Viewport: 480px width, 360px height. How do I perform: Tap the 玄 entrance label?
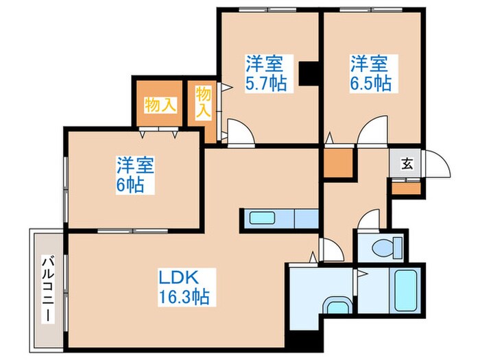(406, 164)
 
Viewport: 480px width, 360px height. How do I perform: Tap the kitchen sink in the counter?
(262, 219)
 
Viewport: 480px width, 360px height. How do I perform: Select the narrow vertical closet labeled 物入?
(204, 103)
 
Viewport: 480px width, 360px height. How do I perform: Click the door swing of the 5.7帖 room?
(239, 132)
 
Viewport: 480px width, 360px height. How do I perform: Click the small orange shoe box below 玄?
(406, 187)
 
